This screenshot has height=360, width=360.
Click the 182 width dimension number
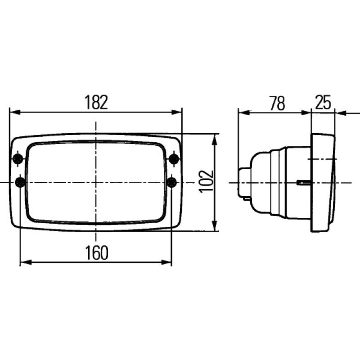(96, 103)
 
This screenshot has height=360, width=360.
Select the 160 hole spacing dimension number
(96, 253)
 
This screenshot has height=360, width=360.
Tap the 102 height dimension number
(206, 181)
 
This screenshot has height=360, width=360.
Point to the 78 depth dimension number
(277, 103)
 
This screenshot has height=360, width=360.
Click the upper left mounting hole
(18, 158)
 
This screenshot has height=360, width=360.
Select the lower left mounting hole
(20, 182)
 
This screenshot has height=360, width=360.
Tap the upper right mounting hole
(174, 158)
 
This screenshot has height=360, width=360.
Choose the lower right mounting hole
(172, 182)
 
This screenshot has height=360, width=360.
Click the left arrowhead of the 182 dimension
(15, 112)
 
